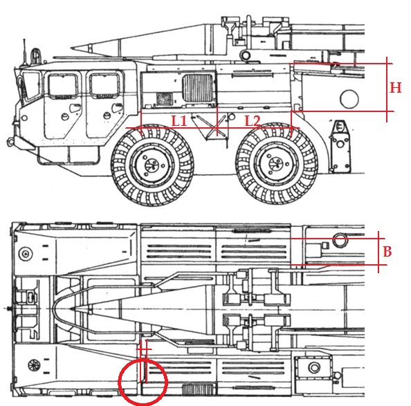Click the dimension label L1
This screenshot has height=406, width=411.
tap(179, 121)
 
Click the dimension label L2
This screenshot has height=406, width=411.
tap(253, 121)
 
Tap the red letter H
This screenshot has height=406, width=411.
tap(396, 87)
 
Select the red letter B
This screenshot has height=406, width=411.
tap(387, 252)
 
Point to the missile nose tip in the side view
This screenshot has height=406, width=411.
tap(71, 48)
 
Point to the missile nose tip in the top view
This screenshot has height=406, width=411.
tap(71, 309)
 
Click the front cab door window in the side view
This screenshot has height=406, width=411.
tap(63, 85)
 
